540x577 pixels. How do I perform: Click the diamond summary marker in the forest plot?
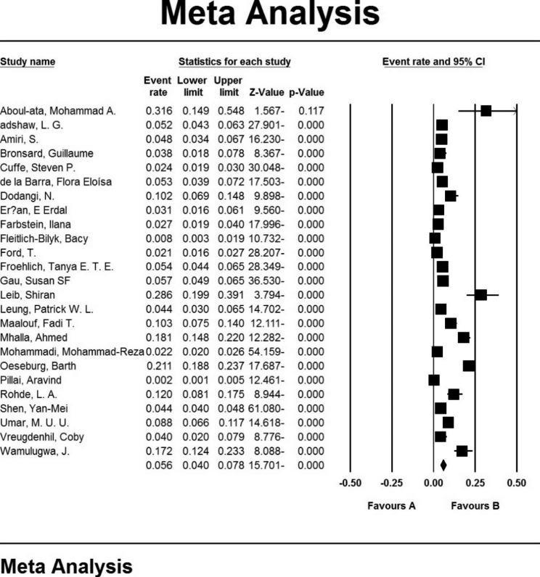pos(443,465)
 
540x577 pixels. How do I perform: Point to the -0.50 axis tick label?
pos(351,482)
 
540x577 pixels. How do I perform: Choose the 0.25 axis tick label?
pos(475,482)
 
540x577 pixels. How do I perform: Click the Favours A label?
pos(391,506)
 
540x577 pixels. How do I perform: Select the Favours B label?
pos(475,506)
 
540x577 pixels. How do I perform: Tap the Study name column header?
pos(28,62)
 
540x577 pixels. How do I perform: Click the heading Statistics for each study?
pos(234,62)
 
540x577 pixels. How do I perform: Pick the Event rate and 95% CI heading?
pos(433,62)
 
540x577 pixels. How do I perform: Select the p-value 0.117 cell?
pos(307,111)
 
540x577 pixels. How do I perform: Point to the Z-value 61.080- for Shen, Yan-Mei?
pos(263,408)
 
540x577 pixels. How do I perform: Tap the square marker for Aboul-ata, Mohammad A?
pos(486,111)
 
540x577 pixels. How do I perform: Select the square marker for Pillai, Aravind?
pos(434,380)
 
